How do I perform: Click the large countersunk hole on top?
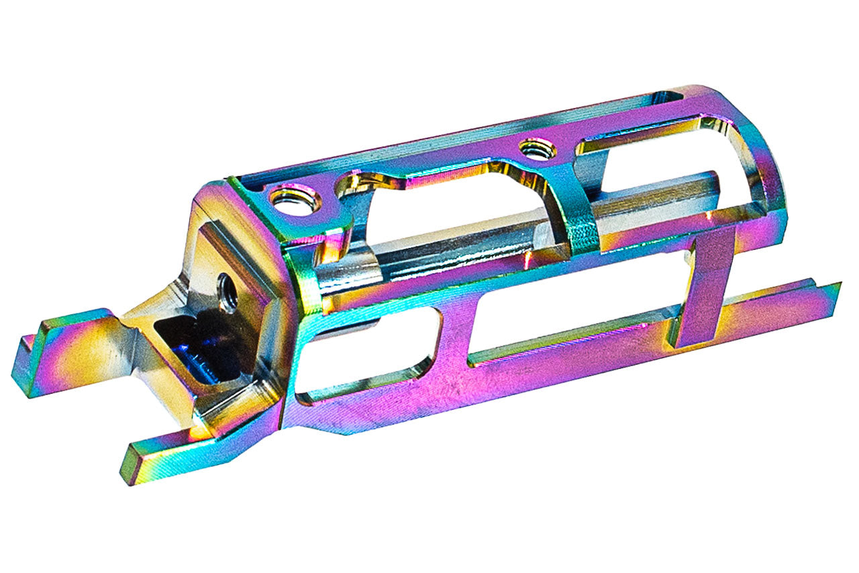295,199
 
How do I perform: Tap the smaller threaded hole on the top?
537,148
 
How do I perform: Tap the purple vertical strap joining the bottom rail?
701,289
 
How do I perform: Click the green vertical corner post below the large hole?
305,282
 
